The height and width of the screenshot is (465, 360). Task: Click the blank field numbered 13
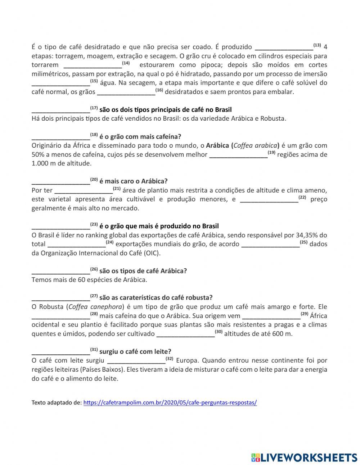click(284, 47)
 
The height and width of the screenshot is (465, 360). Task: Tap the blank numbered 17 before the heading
click(60, 109)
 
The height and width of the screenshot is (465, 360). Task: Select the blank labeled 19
click(238, 155)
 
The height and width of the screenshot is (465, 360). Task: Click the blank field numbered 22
click(269, 199)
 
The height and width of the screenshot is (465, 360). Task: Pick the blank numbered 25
click(270, 244)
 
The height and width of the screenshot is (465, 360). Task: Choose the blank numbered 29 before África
click(271, 316)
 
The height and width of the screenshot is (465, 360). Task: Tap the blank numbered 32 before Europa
click(136, 361)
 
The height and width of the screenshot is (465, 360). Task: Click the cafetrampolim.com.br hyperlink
click(170, 403)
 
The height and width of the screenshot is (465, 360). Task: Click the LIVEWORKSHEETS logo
click(304, 457)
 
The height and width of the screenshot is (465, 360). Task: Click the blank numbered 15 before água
click(60, 83)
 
